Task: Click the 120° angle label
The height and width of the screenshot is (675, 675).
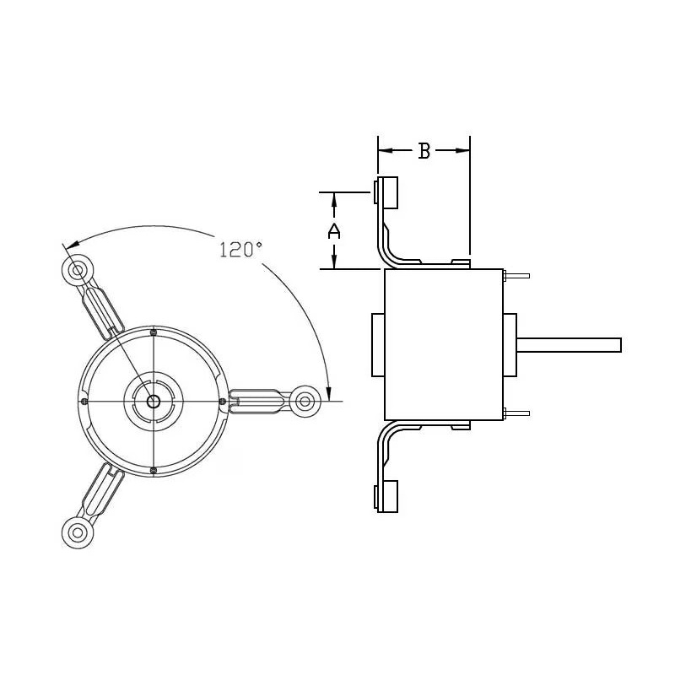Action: pyautogui.click(x=241, y=250)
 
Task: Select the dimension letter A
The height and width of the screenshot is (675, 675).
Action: pyautogui.click(x=334, y=231)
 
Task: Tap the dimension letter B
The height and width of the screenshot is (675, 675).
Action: pyautogui.click(x=424, y=151)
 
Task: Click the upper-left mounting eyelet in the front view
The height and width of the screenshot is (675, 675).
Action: pyautogui.click(x=77, y=271)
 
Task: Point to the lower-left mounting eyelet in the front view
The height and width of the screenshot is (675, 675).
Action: pyautogui.click(x=77, y=532)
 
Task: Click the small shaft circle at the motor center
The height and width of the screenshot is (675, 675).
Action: pyautogui.click(x=153, y=401)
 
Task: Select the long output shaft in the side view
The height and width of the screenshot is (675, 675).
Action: pyautogui.click(x=569, y=345)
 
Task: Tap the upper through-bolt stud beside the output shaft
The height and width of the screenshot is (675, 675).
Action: pyautogui.click(x=516, y=276)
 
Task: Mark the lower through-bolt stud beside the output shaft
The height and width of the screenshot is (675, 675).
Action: pyautogui.click(x=516, y=413)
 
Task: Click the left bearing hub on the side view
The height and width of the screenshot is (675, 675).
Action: pyautogui.click(x=377, y=345)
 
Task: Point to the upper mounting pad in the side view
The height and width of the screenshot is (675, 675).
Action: pyautogui.click(x=388, y=192)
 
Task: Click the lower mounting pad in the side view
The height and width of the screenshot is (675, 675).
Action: pyautogui.click(x=388, y=496)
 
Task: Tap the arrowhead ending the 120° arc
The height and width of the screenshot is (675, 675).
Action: pyautogui.click(x=329, y=391)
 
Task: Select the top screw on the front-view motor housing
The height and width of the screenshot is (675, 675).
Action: pyautogui.click(x=153, y=332)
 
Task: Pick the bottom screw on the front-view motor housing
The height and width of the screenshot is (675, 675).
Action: pyautogui.click(x=153, y=469)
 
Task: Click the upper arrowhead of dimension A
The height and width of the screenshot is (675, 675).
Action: pyautogui.click(x=334, y=200)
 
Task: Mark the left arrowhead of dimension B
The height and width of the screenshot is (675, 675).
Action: pyautogui.click(x=385, y=151)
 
